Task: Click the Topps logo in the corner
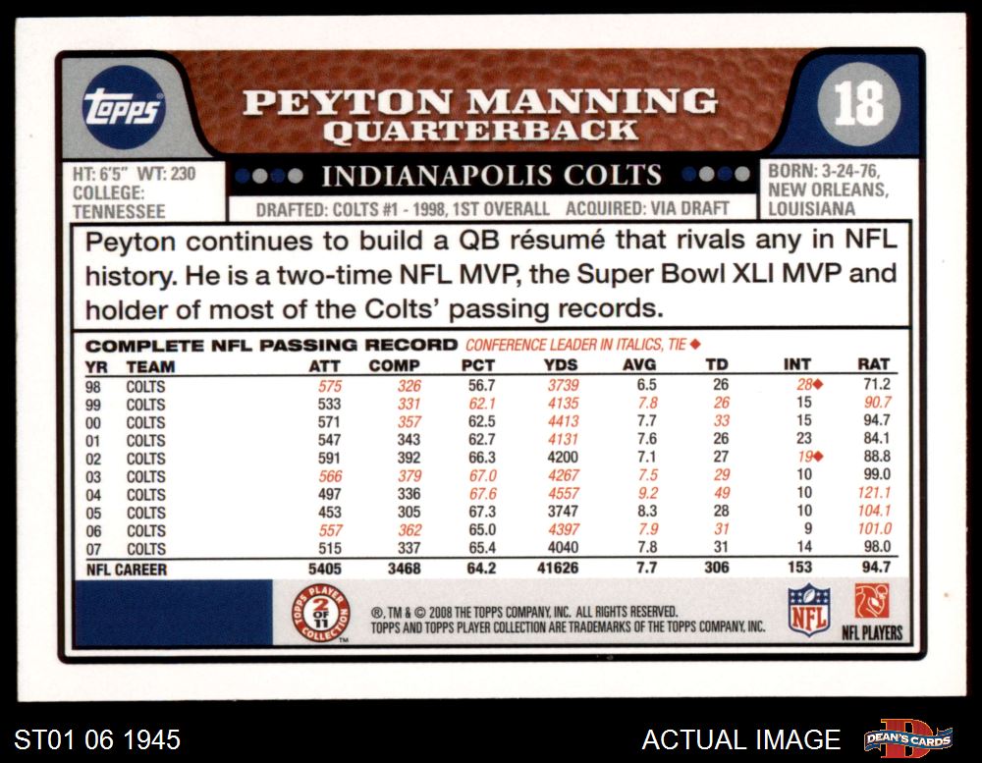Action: click(x=122, y=105)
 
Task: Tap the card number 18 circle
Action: click(x=858, y=104)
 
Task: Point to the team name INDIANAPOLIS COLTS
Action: click(x=492, y=176)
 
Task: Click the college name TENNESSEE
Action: click(x=119, y=211)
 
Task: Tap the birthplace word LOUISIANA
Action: click(x=811, y=209)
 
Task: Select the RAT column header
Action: click(x=873, y=366)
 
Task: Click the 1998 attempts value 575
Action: click(x=329, y=386)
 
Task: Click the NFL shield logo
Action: click(x=810, y=611)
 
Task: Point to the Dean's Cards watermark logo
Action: click(x=908, y=737)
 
